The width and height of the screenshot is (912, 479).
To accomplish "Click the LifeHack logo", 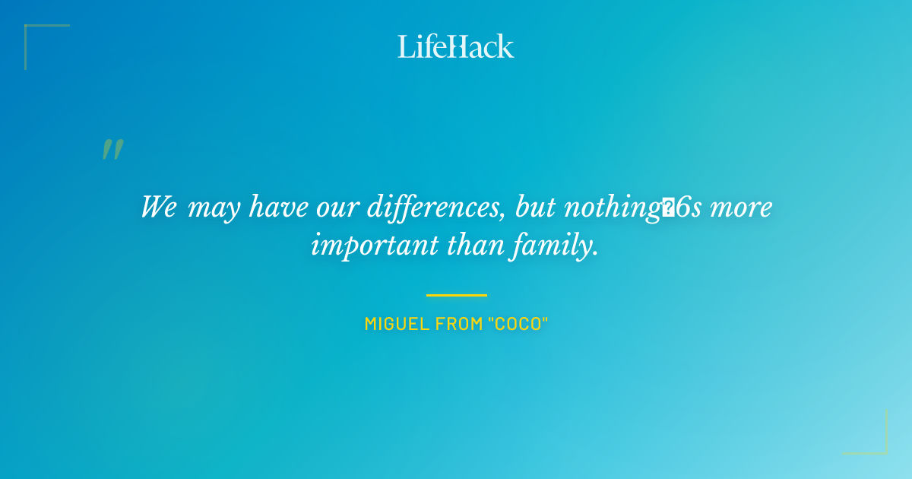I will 456,46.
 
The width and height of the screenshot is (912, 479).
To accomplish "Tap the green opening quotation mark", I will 112,150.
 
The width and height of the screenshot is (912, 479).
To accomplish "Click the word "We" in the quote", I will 159,207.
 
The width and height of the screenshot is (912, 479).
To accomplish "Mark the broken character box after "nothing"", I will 668,208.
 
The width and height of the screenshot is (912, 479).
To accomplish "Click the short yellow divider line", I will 456,295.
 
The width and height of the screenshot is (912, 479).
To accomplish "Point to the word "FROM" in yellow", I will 459,324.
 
